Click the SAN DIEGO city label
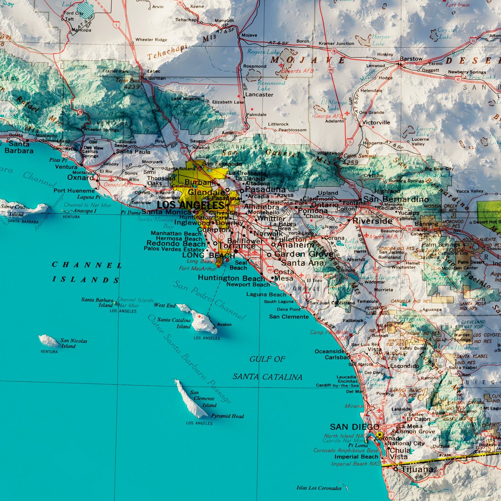(354, 427)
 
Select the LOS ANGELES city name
(190, 205)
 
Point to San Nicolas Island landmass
(49, 341)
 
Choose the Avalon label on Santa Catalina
(224, 325)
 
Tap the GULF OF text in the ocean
(267, 359)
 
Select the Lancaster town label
(259, 95)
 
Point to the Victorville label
(376, 122)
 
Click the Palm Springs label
(441, 244)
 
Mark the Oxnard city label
(80, 178)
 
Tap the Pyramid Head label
(227, 416)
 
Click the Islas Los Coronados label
(319, 488)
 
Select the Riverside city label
(372, 221)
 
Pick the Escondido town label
(405, 366)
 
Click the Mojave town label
(249, 35)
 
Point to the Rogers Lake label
(263, 52)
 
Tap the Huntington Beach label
(231, 278)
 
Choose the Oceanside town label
(329, 351)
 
